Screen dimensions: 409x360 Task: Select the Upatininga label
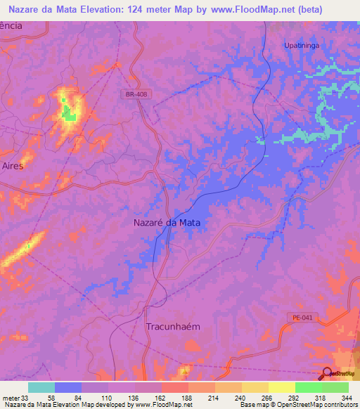[301, 45]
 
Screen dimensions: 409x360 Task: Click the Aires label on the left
[13, 167]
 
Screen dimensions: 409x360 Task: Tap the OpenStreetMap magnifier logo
[327, 374]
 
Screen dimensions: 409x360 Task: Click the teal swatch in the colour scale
[41, 387]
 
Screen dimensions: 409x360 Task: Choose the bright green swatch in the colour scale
[308, 387]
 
